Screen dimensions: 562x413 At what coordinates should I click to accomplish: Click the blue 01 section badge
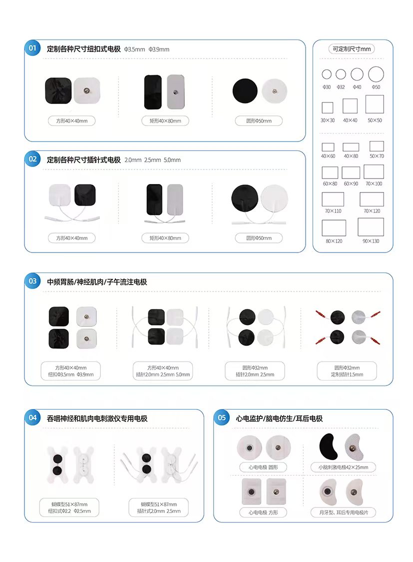32,48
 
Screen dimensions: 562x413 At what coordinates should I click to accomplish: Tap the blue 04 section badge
32,417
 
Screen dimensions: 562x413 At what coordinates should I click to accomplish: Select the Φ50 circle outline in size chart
376,74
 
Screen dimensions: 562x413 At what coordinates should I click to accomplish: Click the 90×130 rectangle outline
371,227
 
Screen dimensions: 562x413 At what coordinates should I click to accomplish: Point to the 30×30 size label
328,120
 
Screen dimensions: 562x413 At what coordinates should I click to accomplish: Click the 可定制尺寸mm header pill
352,49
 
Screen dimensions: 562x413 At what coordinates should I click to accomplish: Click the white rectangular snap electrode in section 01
176,92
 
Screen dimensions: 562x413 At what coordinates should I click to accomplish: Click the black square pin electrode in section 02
85,195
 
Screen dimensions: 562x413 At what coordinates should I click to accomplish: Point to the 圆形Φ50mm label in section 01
259,121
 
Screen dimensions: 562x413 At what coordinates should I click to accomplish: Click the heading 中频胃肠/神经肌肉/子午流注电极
97,282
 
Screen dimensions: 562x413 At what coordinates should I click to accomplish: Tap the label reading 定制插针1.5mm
347,374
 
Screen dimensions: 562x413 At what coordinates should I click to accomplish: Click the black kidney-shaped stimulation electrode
329,446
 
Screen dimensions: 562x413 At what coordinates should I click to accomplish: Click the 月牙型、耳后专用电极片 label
343,512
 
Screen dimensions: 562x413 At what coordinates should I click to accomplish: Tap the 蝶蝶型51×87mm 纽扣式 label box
69,507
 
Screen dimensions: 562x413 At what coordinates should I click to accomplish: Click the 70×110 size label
333,211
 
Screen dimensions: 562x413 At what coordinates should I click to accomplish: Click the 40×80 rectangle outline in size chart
351,147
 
